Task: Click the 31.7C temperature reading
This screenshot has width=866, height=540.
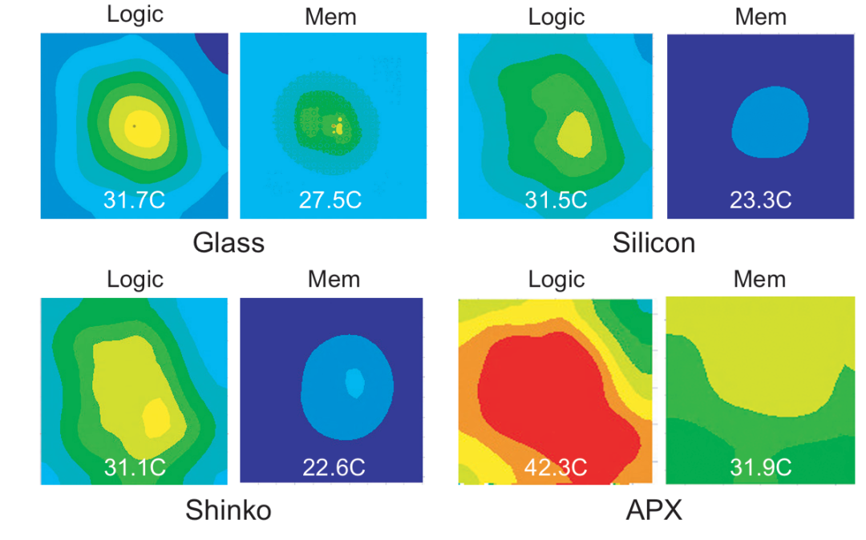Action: click(x=134, y=199)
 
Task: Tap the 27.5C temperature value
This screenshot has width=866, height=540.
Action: click(x=331, y=199)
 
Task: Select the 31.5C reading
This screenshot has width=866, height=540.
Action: click(x=556, y=199)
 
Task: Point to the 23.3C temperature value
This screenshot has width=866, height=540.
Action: click(x=761, y=199)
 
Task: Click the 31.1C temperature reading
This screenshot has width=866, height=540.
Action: click(x=134, y=466)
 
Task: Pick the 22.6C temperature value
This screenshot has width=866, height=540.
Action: click(x=331, y=466)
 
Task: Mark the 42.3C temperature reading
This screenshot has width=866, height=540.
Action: click(x=556, y=466)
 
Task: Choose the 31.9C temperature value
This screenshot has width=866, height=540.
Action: click(x=761, y=466)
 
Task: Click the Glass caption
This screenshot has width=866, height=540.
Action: click(x=229, y=243)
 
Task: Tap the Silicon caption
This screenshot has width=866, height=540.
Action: click(x=654, y=243)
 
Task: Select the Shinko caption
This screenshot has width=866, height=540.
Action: click(x=229, y=510)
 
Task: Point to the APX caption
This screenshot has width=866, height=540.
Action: click(x=654, y=510)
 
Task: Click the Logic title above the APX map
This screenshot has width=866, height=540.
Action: click(x=556, y=279)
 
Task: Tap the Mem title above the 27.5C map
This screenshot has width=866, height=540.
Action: click(x=331, y=18)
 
